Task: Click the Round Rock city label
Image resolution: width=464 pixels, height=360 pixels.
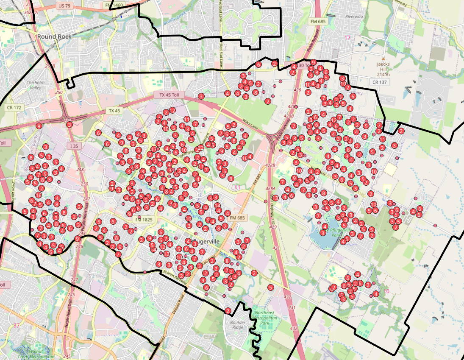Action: pyautogui.click(x=54, y=36)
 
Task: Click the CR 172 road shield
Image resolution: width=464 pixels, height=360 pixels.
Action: pyautogui.click(x=14, y=108)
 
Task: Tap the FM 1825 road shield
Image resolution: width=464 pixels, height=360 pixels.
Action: pyautogui.click(x=144, y=220)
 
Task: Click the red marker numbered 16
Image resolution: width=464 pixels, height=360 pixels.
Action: pyautogui.click(x=39, y=195)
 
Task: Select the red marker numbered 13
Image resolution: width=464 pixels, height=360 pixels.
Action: pyautogui.click(x=275, y=198)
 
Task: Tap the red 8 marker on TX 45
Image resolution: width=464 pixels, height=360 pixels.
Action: pyautogui.click(x=39, y=126)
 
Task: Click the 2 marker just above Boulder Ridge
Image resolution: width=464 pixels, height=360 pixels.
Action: pyautogui.click(x=228, y=311)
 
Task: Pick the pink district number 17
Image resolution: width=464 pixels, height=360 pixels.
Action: pyautogui.click(x=348, y=38)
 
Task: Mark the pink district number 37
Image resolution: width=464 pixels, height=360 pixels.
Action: pyautogui.click(x=16, y=326)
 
